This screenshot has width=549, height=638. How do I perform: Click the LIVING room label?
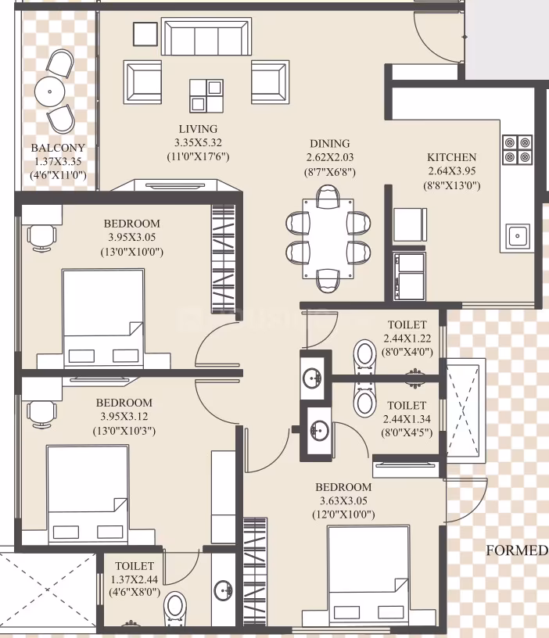[x=198, y=129]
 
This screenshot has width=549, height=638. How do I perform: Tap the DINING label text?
[x=330, y=144]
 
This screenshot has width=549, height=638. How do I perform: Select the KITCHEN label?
[x=452, y=157]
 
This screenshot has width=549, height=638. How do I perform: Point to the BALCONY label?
[x=58, y=148]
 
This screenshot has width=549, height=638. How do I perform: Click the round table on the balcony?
[x=49, y=91]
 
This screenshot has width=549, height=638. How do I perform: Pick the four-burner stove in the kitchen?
[x=517, y=149]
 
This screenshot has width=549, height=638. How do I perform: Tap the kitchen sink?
[x=518, y=236]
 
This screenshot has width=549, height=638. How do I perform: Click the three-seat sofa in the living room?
[x=206, y=36]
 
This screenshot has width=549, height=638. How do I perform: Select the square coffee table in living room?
[x=206, y=96]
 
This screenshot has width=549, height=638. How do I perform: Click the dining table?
[x=328, y=238]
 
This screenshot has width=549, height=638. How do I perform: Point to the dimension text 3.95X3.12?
[x=124, y=417]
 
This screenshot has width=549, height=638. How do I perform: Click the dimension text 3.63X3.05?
[x=343, y=501]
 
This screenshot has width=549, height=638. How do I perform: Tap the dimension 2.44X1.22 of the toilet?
[x=407, y=339]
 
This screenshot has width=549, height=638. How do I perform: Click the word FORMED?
[x=517, y=550]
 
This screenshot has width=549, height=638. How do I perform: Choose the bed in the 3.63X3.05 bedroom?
[x=368, y=581]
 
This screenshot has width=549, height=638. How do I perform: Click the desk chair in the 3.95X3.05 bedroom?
[x=41, y=238]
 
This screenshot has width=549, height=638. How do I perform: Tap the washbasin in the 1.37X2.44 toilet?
[x=223, y=590]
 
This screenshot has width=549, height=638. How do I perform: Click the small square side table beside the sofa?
[x=145, y=34]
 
